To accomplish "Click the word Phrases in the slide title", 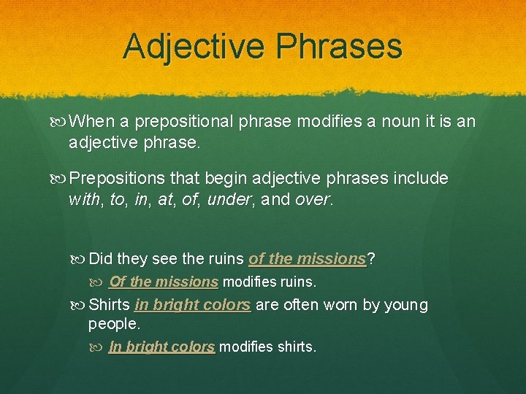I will click(x=339, y=46).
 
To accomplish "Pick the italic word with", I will click(x=83, y=199).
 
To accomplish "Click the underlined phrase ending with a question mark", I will click(x=307, y=258).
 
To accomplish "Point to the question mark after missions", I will click(x=371, y=258).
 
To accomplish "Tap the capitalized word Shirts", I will click(x=109, y=305).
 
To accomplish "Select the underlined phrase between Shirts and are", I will click(x=193, y=305).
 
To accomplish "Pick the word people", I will click(x=113, y=323).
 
